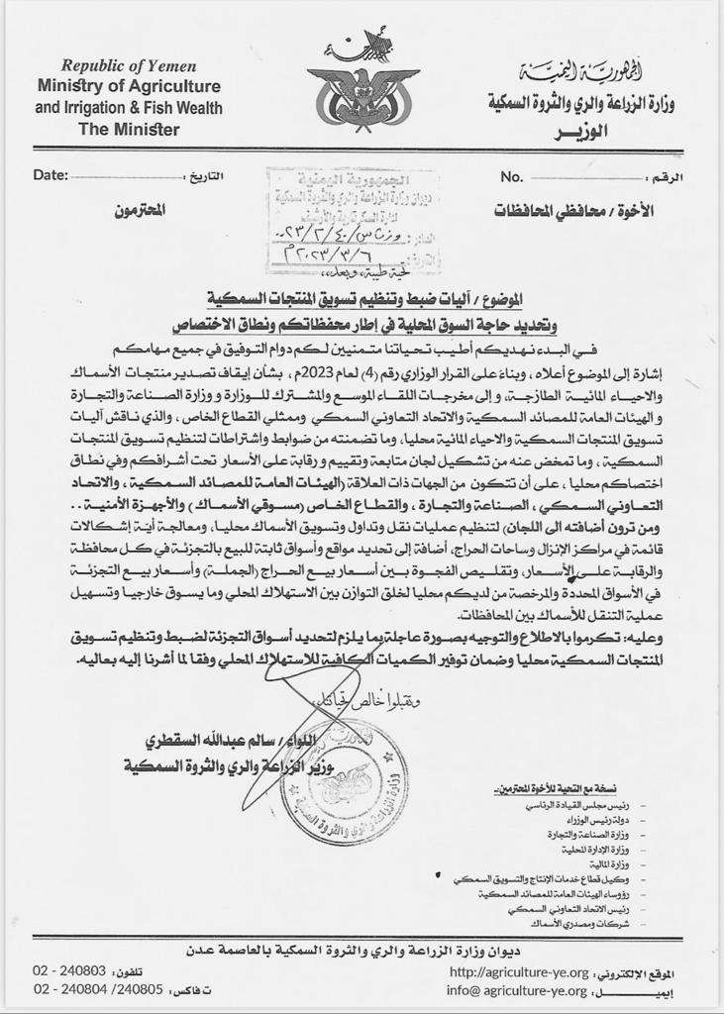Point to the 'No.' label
click(x=511, y=176)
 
